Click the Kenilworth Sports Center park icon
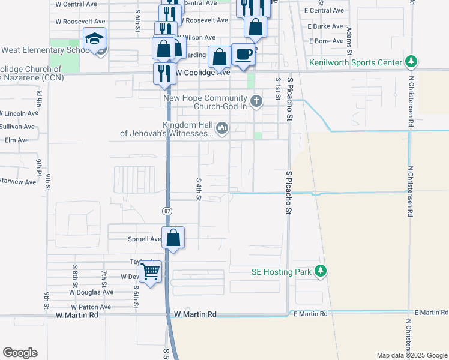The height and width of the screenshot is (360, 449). [411, 62]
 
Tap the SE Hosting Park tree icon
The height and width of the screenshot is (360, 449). [321, 271]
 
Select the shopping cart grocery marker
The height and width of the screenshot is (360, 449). [151, 272]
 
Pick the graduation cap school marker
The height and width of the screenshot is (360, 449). [95, 40]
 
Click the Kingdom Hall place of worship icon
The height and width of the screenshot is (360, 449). [223, 127]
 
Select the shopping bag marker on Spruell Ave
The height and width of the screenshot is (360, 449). [173, 238]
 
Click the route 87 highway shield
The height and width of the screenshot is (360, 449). [167, 211]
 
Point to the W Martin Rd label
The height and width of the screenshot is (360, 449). [195, 314]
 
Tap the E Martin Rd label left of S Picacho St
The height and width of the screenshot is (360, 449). [310, 314]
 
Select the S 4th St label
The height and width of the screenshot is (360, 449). [198, 188]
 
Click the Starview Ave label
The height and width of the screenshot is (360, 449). [17, 181]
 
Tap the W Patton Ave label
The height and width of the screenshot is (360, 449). [92, 307]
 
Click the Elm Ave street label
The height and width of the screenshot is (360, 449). [16, 140]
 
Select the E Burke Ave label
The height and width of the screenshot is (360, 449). [325, 26]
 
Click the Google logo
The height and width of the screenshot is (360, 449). [20, 353]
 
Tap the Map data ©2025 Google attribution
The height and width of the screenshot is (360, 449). [411, 355]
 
